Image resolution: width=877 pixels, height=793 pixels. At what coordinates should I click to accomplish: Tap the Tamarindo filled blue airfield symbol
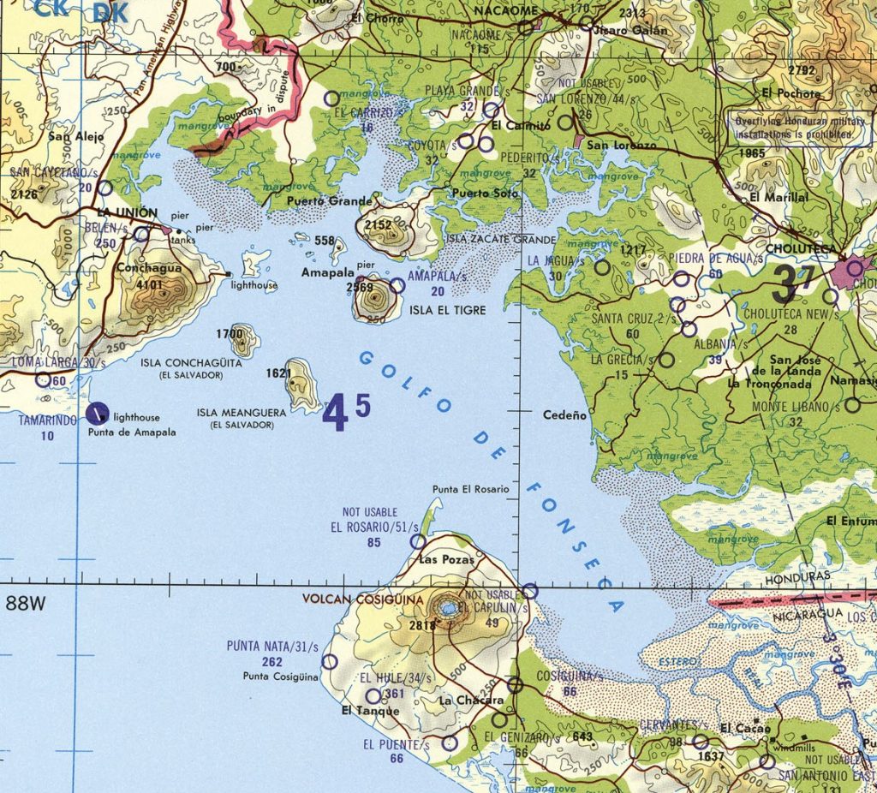[x=99, y=414]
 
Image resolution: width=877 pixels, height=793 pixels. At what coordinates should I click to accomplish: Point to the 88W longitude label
[x=26, y=605]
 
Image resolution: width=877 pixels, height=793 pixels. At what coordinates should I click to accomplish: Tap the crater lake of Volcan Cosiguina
[x=447, y=608]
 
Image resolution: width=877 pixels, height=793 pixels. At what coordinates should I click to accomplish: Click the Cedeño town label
[x=565, y=415]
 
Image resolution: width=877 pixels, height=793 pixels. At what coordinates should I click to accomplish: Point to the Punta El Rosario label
[x=470, y=489]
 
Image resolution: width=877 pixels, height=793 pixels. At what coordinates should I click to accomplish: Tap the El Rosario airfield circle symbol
[x=417, y=541]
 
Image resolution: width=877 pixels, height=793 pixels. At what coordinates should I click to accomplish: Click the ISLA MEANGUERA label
[x=241, y=413]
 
